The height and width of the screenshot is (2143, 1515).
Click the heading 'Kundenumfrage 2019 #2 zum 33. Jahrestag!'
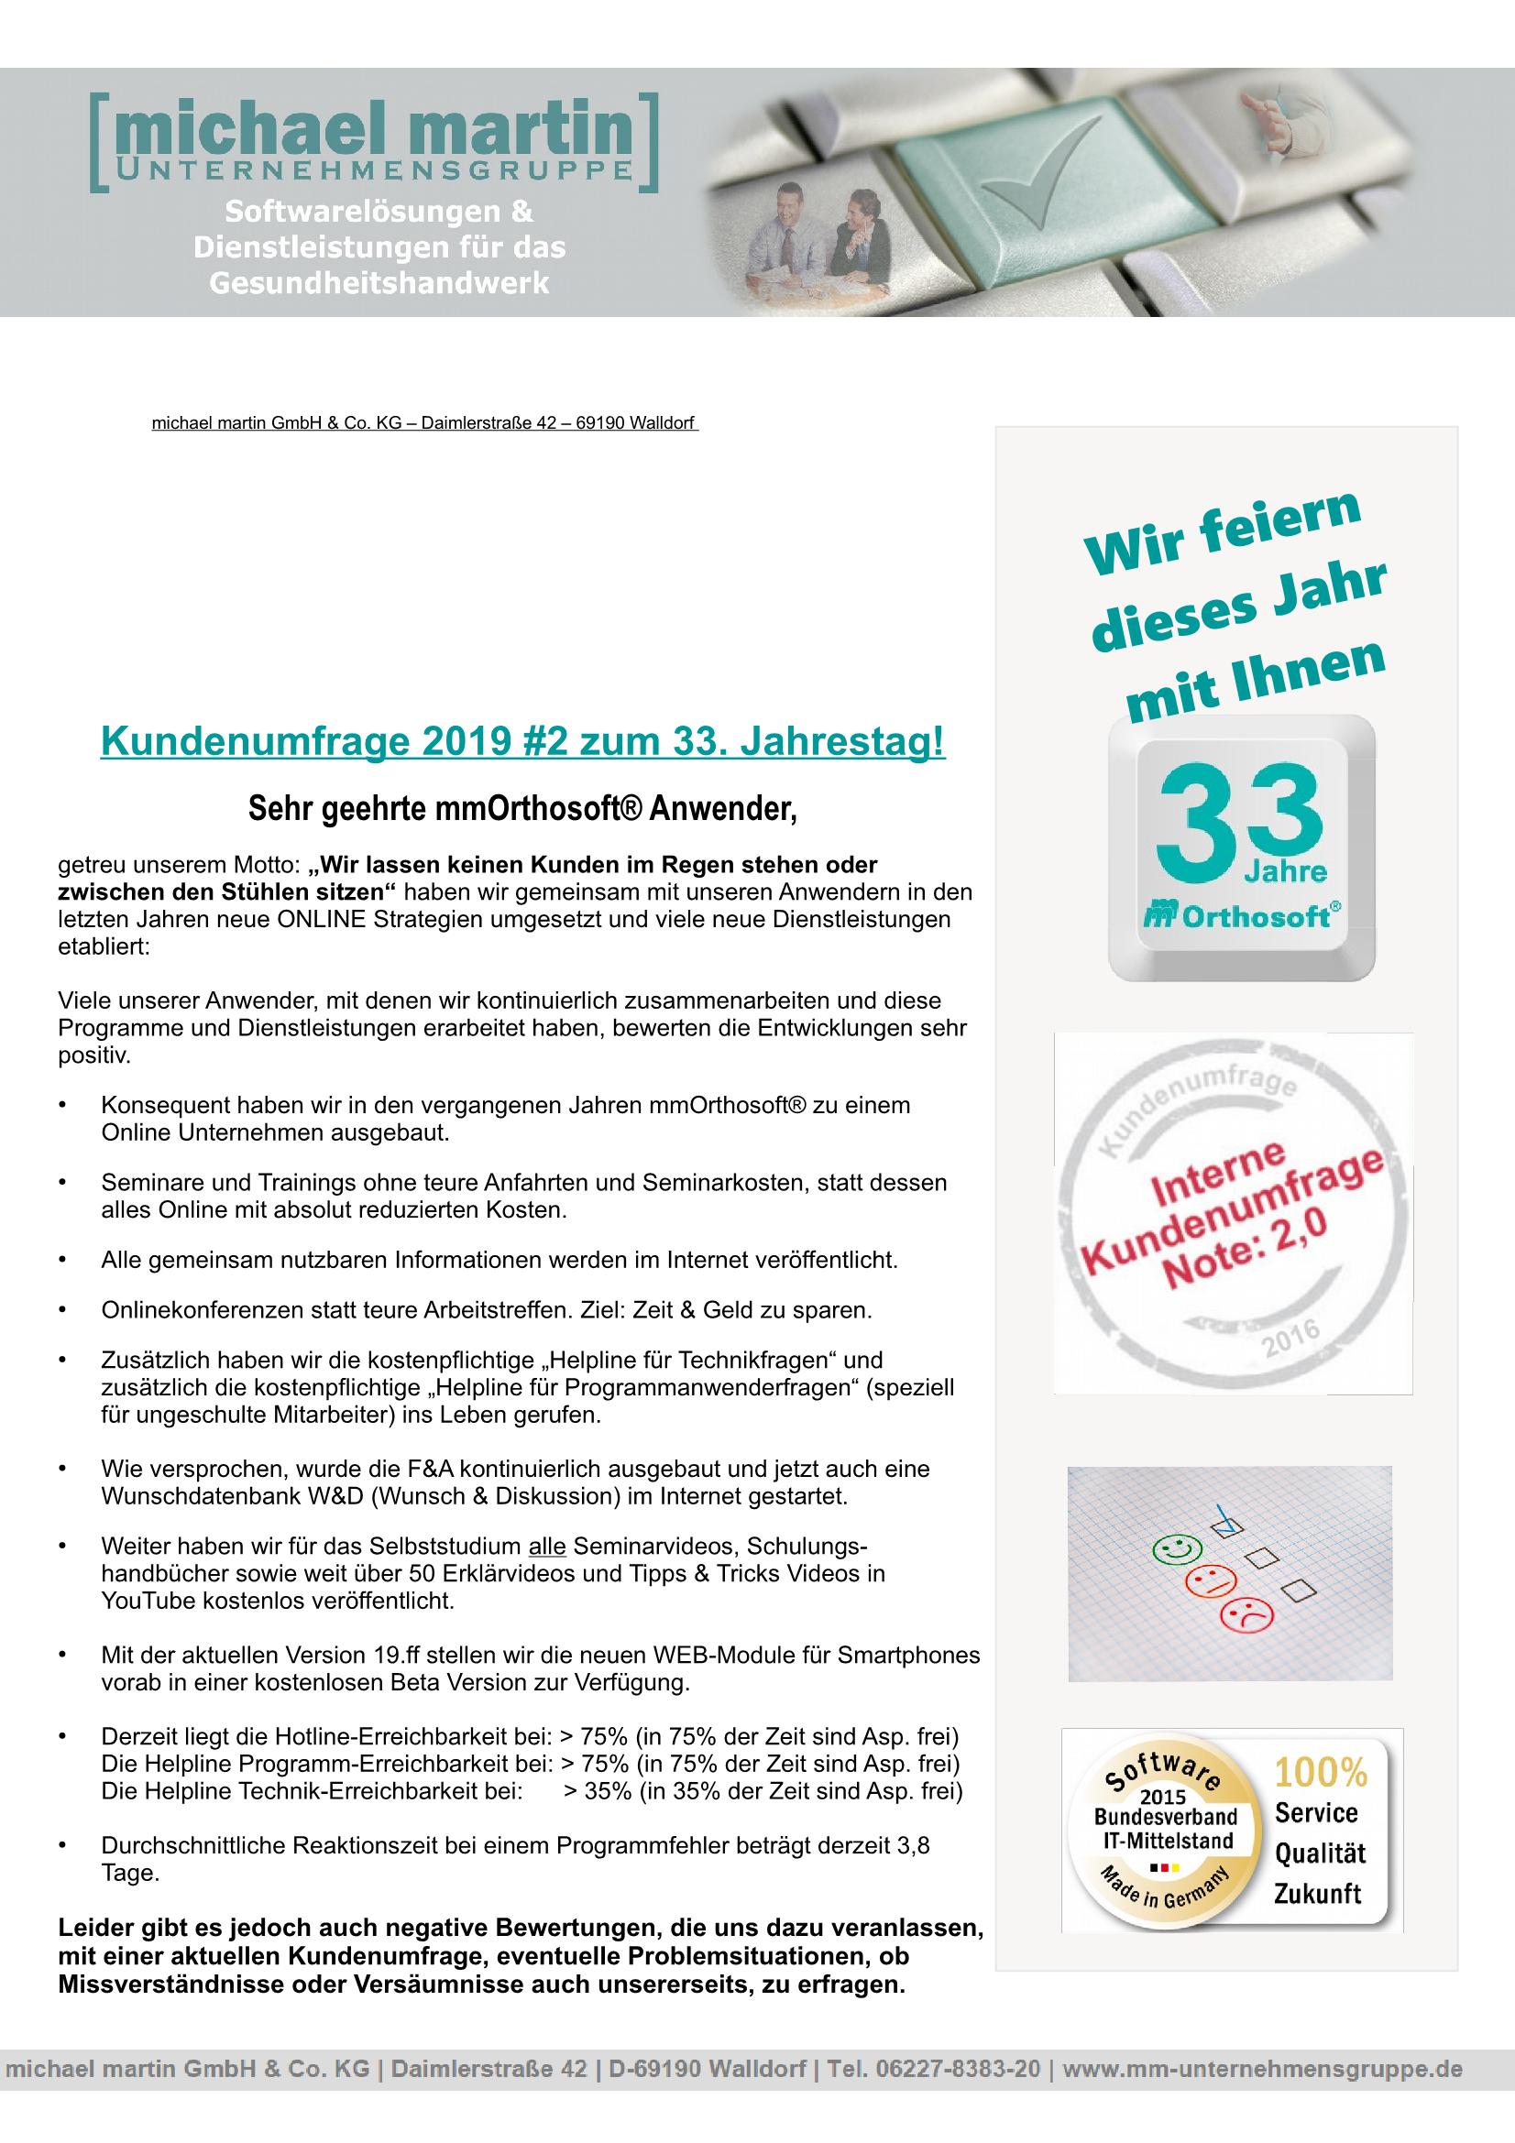pos(522,743)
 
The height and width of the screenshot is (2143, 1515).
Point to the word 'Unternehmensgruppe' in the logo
pos(373,169)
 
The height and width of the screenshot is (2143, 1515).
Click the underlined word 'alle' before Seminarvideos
pos(547,1545)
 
